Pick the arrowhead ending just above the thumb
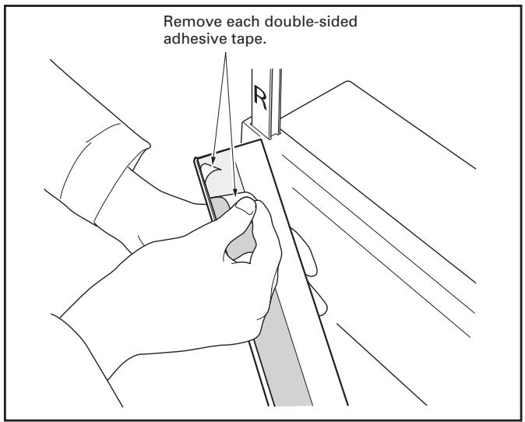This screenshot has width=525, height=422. point(234,189)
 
